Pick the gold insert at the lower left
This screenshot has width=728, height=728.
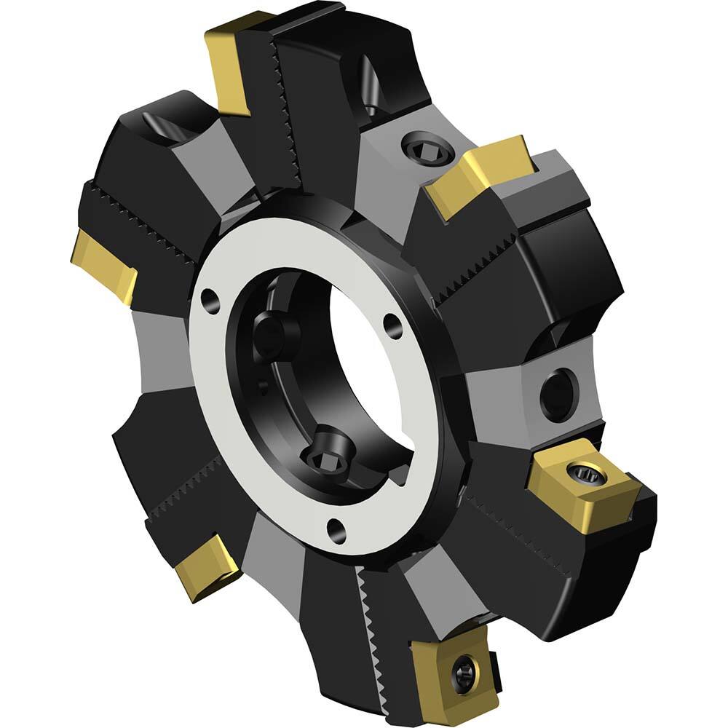(x=205, y=566)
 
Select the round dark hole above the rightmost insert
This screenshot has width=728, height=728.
(x=558, y=395)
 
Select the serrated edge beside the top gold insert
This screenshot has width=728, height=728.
(x=285, y=109)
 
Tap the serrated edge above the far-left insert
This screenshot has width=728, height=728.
(x=146, y=218)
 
